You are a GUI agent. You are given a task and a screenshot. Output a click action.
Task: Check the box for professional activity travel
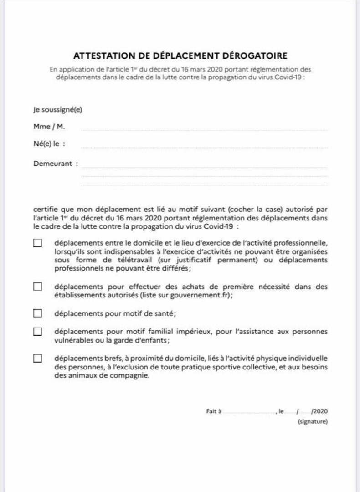pos(37,243)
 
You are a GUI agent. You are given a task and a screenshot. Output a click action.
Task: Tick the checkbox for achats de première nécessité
pos(37,287)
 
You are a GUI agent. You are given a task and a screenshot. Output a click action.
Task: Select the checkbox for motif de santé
pos(37,313)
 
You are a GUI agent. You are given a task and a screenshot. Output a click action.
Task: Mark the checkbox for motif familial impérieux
pos(37,331)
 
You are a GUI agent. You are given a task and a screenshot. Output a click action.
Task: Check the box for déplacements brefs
pos(37,358)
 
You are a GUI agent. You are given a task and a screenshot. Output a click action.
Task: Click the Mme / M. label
pos(46,126)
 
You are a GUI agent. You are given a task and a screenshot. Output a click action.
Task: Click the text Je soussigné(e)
pos(57,109)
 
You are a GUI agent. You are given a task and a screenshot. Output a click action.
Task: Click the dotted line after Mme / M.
pos(204,130)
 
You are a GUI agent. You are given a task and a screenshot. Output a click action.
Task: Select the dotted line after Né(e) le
pos(204,148)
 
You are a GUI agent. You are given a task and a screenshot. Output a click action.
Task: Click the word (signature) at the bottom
pos(312,422)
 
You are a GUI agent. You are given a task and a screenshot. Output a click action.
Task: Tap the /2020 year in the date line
pos(319,411)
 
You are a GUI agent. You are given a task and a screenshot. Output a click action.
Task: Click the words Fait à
pos(214,411)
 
